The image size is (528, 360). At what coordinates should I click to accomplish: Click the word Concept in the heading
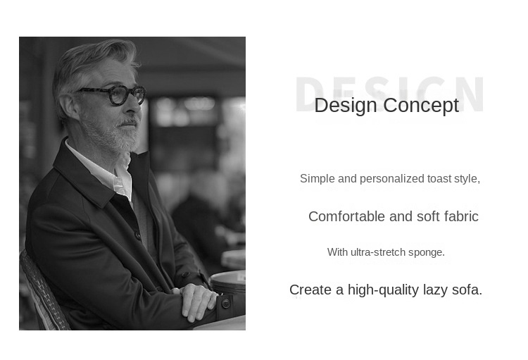click(421, 106)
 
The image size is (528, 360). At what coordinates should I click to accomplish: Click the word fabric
click(461, 216)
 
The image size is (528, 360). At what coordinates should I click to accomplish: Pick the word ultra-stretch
click(378, 252)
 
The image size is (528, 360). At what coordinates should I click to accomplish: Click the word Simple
click(318, 179)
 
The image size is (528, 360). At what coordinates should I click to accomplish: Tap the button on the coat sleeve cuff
click(225, 304)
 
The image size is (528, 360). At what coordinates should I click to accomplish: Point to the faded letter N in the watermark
click(472, 94)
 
